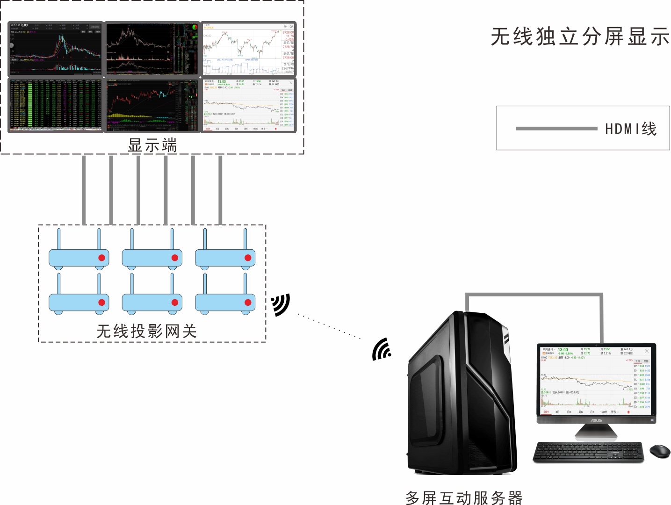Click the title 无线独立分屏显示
click(x=580, y=36)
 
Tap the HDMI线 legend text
click(x=631, y=129)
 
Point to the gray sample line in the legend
click(x=556, y=129)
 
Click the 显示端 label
click(x=152, y=145)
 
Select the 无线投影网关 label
click(x=146, y=331)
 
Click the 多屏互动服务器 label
click(x=464, y=498)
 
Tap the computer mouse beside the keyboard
click(x=660, y=451)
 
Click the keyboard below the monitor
click(x=588, y=452)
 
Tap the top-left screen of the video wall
click(x=56, y=49)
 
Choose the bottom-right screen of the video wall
click(x=249, y=105)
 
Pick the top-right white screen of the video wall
click(x=249, y=49)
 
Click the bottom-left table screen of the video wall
click(x=56, y=105)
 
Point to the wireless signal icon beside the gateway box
click(x=281, y=305)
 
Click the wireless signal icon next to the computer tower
click(x=382, y=349)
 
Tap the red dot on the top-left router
click(x=101, y=258)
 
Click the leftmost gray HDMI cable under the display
click(x=84, y=189)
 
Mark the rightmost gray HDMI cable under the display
click(x=220, y=189)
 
